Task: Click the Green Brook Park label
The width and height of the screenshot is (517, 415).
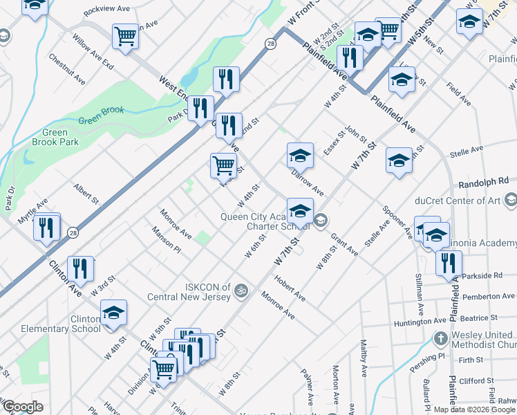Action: click(55, 137)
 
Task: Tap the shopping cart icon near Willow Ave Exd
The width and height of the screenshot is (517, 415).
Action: click(125, 36)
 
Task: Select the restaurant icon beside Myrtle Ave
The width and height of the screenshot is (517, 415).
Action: click(47, 228)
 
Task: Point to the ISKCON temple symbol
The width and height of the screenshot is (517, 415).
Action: click(241, 288)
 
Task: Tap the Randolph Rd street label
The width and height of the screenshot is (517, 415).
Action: click(483, 181)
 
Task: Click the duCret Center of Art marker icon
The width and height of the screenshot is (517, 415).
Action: click(510, 201)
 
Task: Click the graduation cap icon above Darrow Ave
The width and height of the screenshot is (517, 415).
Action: click(300, 156)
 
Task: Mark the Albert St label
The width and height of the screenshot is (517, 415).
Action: click(87, 194)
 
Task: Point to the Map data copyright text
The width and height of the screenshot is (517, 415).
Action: click(474, 409)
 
